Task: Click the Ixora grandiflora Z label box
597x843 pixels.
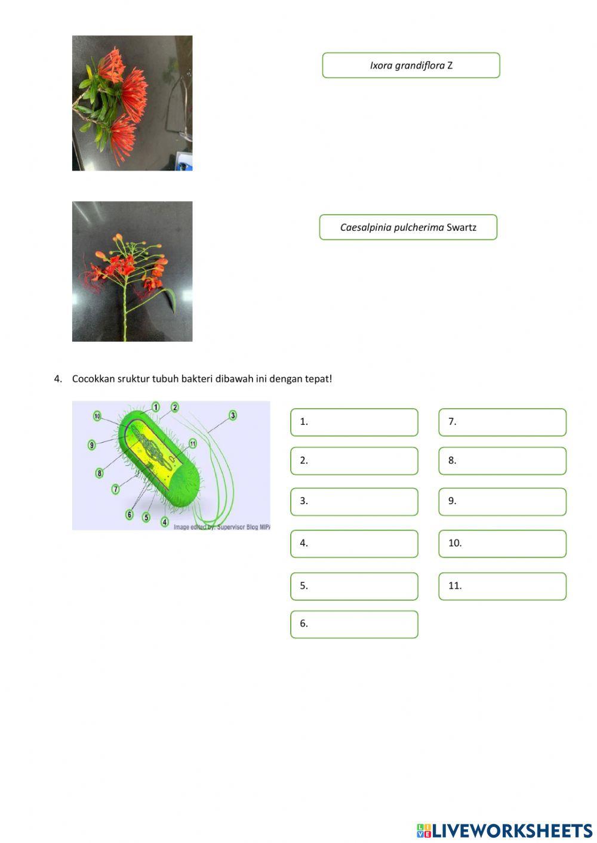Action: [x=411, y=66]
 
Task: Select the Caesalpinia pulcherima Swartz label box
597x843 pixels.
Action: [x=408, y=227]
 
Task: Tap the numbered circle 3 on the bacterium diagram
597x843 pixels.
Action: [x=233, y=415]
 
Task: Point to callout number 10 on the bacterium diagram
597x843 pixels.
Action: [x=97, y=416]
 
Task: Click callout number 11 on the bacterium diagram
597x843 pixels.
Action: [x=192, y=443]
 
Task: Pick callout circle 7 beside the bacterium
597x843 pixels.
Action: [x=116, y=489]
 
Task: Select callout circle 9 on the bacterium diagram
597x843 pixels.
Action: [x=92, y=445]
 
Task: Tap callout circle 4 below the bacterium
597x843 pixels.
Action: [x=165, y=522]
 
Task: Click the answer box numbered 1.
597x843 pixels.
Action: [x=354, y=422]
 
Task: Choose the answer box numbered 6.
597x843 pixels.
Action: [x=354, y=624]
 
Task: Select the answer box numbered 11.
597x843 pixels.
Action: [x=502, y=586]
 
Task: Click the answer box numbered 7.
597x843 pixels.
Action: [x=502, y=422]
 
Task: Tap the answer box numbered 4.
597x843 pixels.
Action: [x=354, y=544]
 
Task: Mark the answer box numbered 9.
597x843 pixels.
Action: [x=502, y=502]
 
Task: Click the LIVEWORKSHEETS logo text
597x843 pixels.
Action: [x=511, y=830]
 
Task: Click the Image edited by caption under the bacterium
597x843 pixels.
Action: [x=221, y=527]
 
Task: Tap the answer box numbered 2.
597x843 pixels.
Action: [x=354, y=461]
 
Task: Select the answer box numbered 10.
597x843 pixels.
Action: [x=502, y=544]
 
